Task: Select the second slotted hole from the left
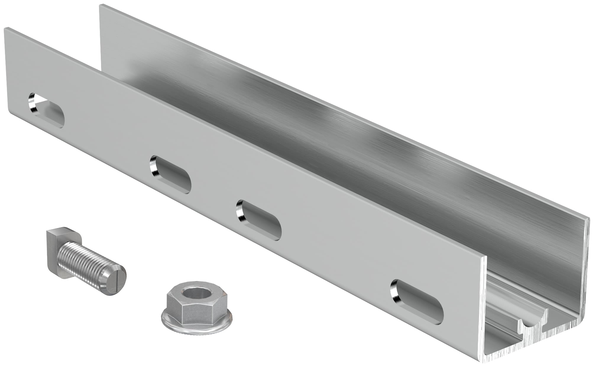click(x=170, y=174)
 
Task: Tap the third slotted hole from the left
click(x=259, y=220)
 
